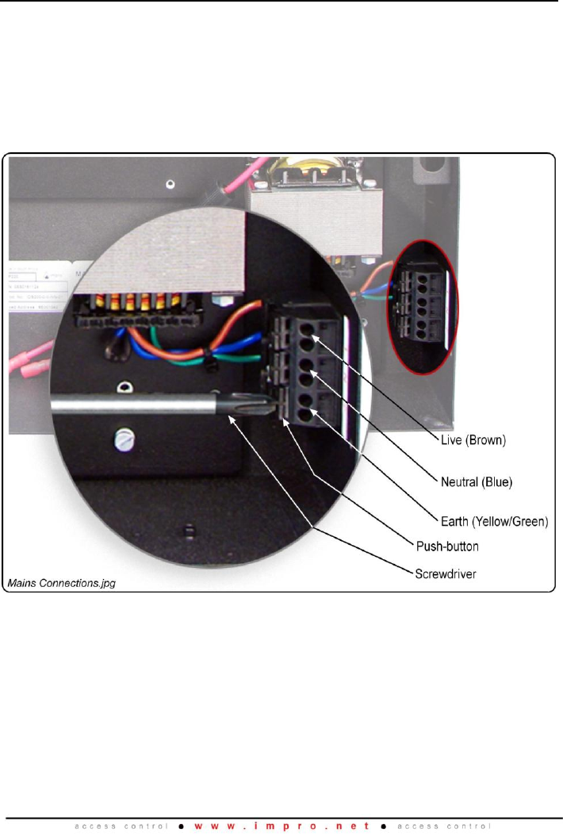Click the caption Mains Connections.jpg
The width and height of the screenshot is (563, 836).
61,583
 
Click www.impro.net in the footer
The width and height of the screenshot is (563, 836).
281,824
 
